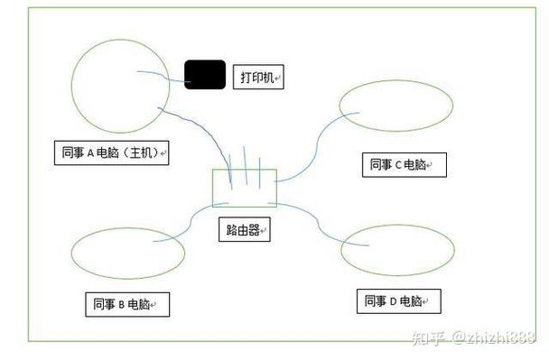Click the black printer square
click(x=205, y=75)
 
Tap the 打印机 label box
click(x=258, y=77)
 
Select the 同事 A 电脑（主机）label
click(x=112, y=152)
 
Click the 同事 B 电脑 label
click(x=127, y=305)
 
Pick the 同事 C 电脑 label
click(x=405, y=165)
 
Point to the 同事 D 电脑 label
click(x=399, y=301)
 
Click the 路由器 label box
click(x=245, y=229)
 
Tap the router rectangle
click(x=212, y=189)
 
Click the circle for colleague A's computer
click(x=71, y=86)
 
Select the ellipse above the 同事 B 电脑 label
click(x=71, y=254)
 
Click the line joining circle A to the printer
click(x=163, y=76)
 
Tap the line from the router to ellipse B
click(x=191, y=221)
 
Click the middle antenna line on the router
click(x=246, y=165)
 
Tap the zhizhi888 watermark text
click(x=494, y=337)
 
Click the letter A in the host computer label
click(x=90, y=153)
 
